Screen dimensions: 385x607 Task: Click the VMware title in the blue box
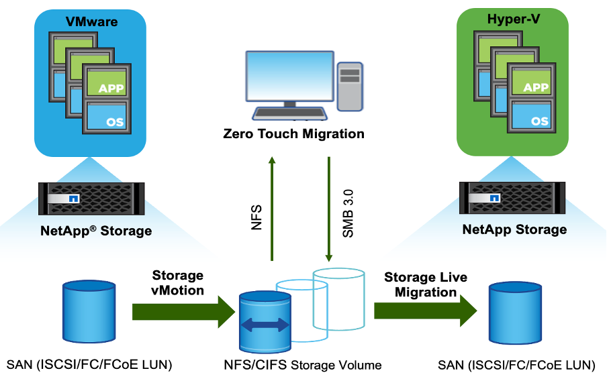91,21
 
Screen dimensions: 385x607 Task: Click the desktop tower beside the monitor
349,85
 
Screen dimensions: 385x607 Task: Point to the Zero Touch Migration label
293,133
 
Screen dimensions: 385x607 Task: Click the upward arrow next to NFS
272,208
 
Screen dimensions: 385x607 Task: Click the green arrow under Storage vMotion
181,313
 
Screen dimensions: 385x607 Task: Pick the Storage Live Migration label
425,284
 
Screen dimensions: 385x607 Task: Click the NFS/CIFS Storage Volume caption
303,366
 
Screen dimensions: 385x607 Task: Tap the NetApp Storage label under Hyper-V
514,230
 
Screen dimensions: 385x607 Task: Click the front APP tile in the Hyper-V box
535,87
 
